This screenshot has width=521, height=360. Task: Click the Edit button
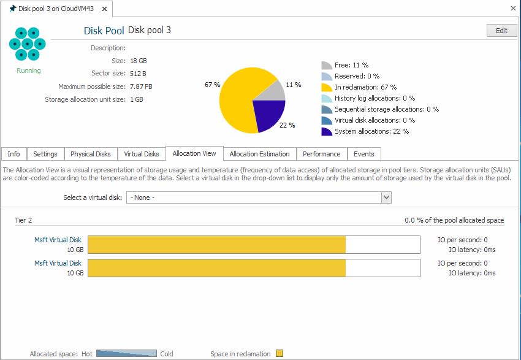[x=501, y=31]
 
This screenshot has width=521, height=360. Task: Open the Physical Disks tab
[x=91, y=154]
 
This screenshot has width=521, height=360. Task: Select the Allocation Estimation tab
[x=260, y=154]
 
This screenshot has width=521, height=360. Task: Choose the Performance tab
[x=322, y=154]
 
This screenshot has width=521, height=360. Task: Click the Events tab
[x=364, y=154]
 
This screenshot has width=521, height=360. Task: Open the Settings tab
[x=45, y=154]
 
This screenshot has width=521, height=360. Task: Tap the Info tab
[x=13, y=154]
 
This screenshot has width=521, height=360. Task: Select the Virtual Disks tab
[x=142, y=154]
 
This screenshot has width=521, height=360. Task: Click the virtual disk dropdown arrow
[x=386, y=197]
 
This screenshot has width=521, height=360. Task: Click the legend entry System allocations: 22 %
[x=371, y=131]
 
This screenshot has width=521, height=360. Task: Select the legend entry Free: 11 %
[x=351, y=65]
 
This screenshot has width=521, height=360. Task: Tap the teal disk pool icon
[x=27, y=44]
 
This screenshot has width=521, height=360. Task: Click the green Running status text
[x=29, y=71]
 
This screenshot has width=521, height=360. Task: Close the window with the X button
[x=513, y=9]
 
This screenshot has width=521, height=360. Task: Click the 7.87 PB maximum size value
[x=141, y=86]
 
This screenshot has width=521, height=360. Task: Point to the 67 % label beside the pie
[x=212, y=85]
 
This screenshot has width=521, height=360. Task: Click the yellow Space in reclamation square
[x=280, y=353]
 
